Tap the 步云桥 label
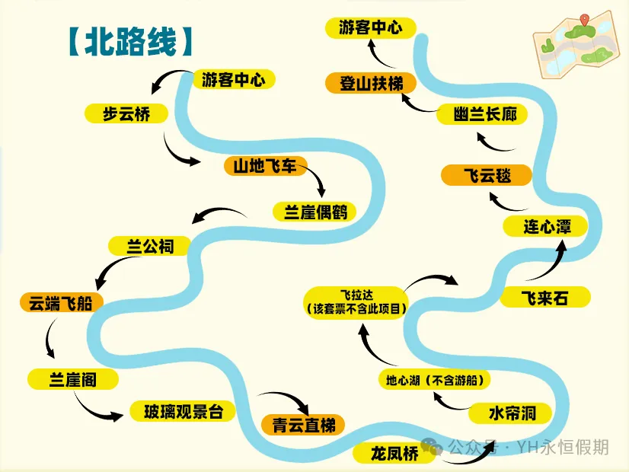click(126, 114)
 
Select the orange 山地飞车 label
click(265, 165)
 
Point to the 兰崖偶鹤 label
click(314, 212)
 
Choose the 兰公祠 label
click(151, 246)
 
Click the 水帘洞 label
click(512, 413)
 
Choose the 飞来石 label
click(544, 297)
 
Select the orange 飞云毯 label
click(487, 176)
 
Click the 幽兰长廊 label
click(483, 115)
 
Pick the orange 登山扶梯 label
click(372, 83)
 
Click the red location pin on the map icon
click(584, 21)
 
